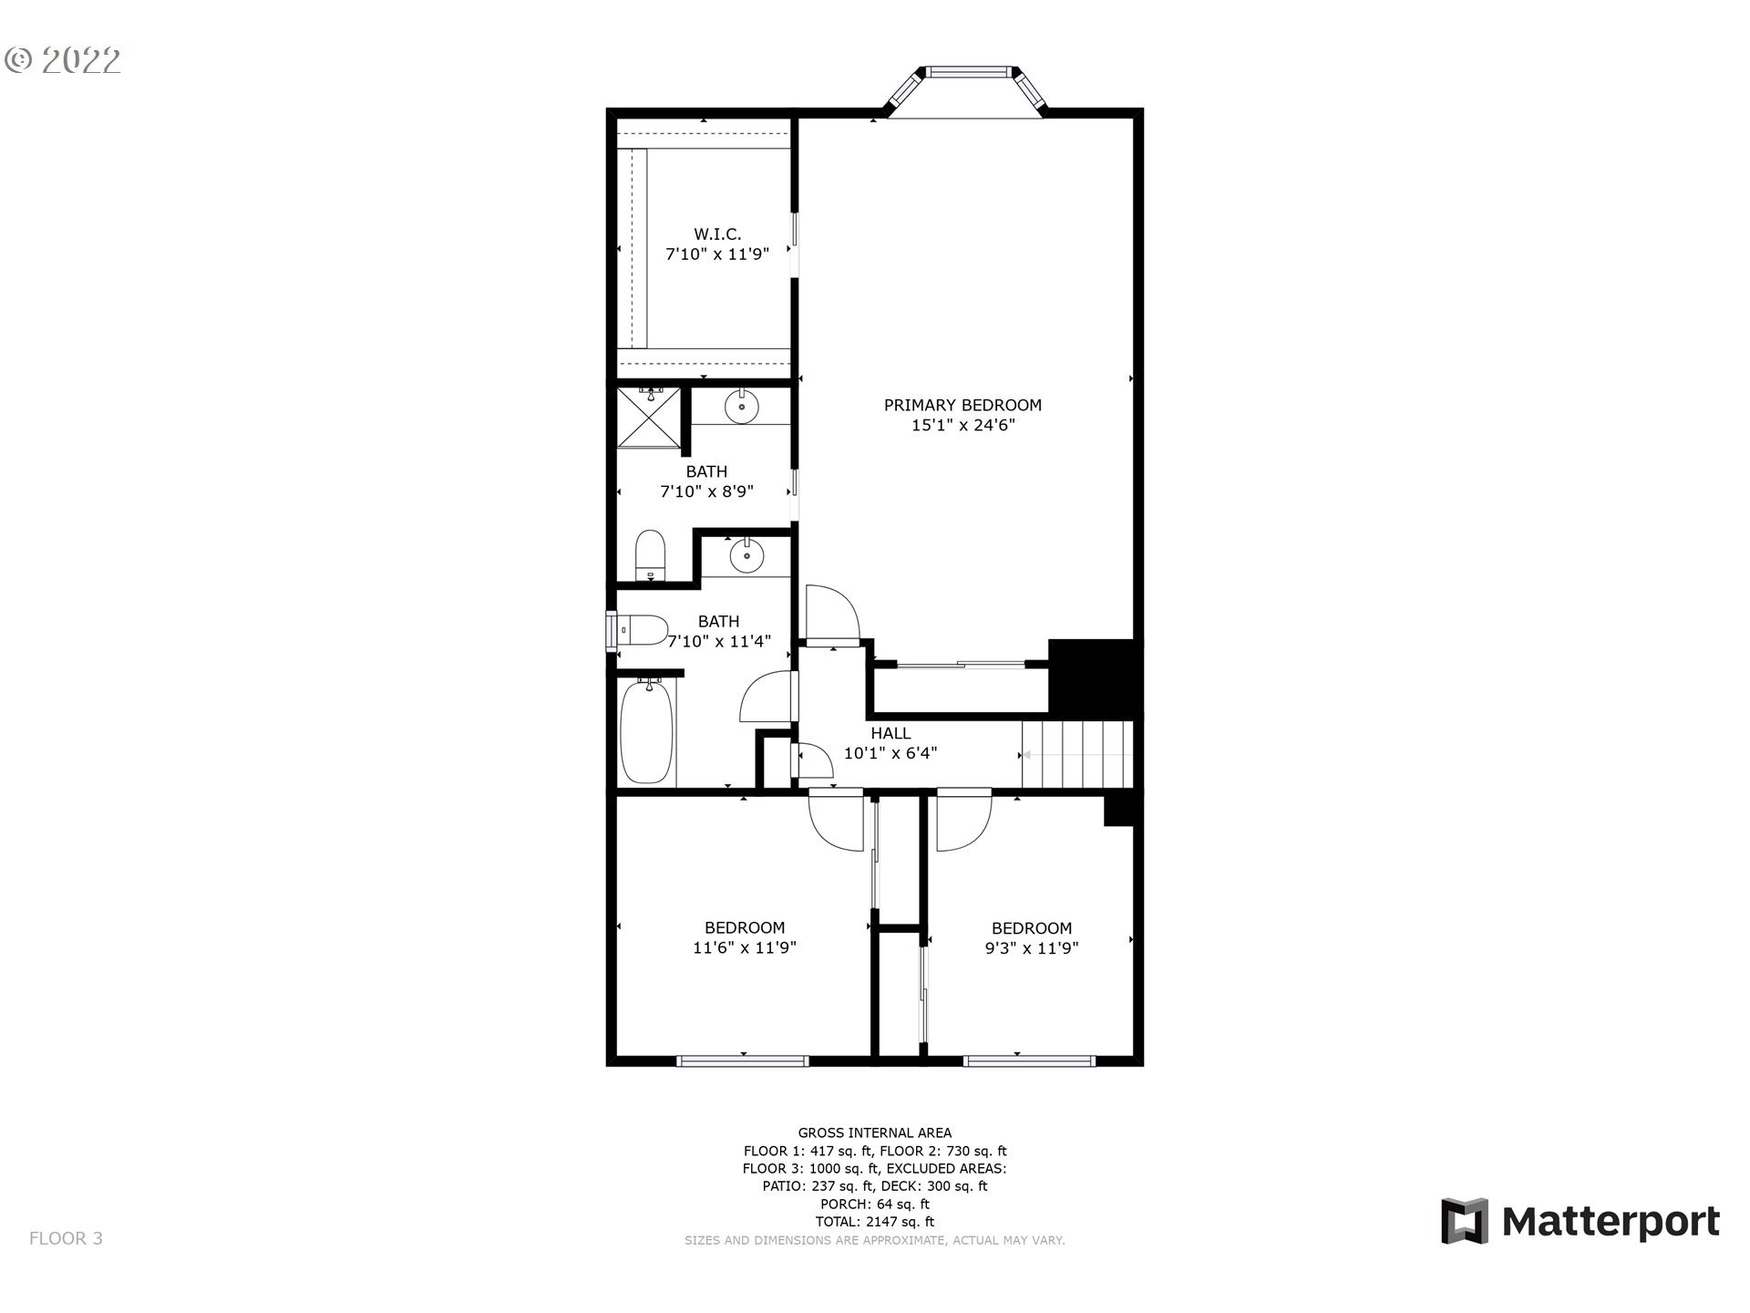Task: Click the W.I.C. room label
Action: point(717,234)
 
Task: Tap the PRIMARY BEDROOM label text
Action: point(962,405)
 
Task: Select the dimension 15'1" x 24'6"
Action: point(962,425)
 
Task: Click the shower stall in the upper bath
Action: point(648,418)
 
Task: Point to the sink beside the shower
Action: point(741,407)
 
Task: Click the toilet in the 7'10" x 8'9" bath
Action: point(650,554)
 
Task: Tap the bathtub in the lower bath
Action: point(646,732)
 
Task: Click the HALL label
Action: point(890,733)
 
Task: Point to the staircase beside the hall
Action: point(1077,754)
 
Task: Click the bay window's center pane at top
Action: point(968,71)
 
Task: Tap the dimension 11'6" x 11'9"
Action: point(745,948)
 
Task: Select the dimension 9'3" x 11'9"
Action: point(1031,948)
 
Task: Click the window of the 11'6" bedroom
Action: point(743,1060)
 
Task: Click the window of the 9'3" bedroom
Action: point(1029,1060)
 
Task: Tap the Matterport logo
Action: point(1580,1221)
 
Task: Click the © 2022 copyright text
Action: point(63,61)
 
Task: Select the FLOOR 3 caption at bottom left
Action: point(66,1238)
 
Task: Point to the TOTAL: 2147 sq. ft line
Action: point(874,1222)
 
